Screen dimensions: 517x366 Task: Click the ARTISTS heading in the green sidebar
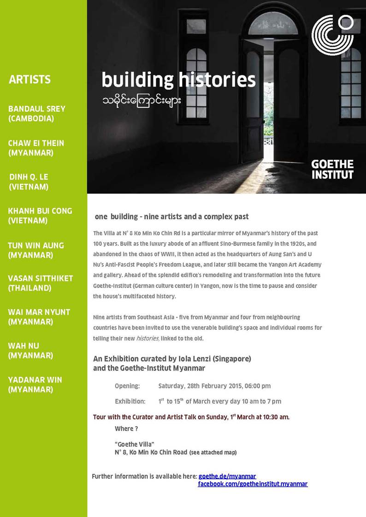[x=30, y=80]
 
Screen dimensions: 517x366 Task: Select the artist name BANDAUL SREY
[x=37, y=109]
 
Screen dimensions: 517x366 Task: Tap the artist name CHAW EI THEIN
[x=36, y=143]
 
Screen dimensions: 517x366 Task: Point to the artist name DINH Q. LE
[x=29, y=177]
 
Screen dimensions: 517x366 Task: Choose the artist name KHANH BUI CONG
[x=40, y=210]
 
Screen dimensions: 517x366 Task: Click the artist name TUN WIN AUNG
[x=36, y=245]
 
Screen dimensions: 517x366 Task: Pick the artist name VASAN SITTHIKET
[x=41, y=278]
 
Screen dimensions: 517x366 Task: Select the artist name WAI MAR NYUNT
[x=39, y=312]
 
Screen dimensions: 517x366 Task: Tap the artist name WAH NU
[x=24, y=345]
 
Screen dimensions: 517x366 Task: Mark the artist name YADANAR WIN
[x=35, y=379]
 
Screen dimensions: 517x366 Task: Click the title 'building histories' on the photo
[x=178, y=80]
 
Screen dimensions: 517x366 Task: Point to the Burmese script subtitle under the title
[x=142, y=100]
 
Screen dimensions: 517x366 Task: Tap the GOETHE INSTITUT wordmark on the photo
[x=332, y=169]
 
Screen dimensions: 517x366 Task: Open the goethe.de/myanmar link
[x=227, y=476]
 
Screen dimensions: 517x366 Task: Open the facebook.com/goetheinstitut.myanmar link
[x=253, y=484]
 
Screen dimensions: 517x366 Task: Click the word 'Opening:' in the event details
[x=127, y=386]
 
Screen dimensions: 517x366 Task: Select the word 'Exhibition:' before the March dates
[x=130, y=401]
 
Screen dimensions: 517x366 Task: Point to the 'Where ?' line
[x=126, y=429]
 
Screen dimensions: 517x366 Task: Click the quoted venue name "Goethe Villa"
[x=134, y=444]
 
